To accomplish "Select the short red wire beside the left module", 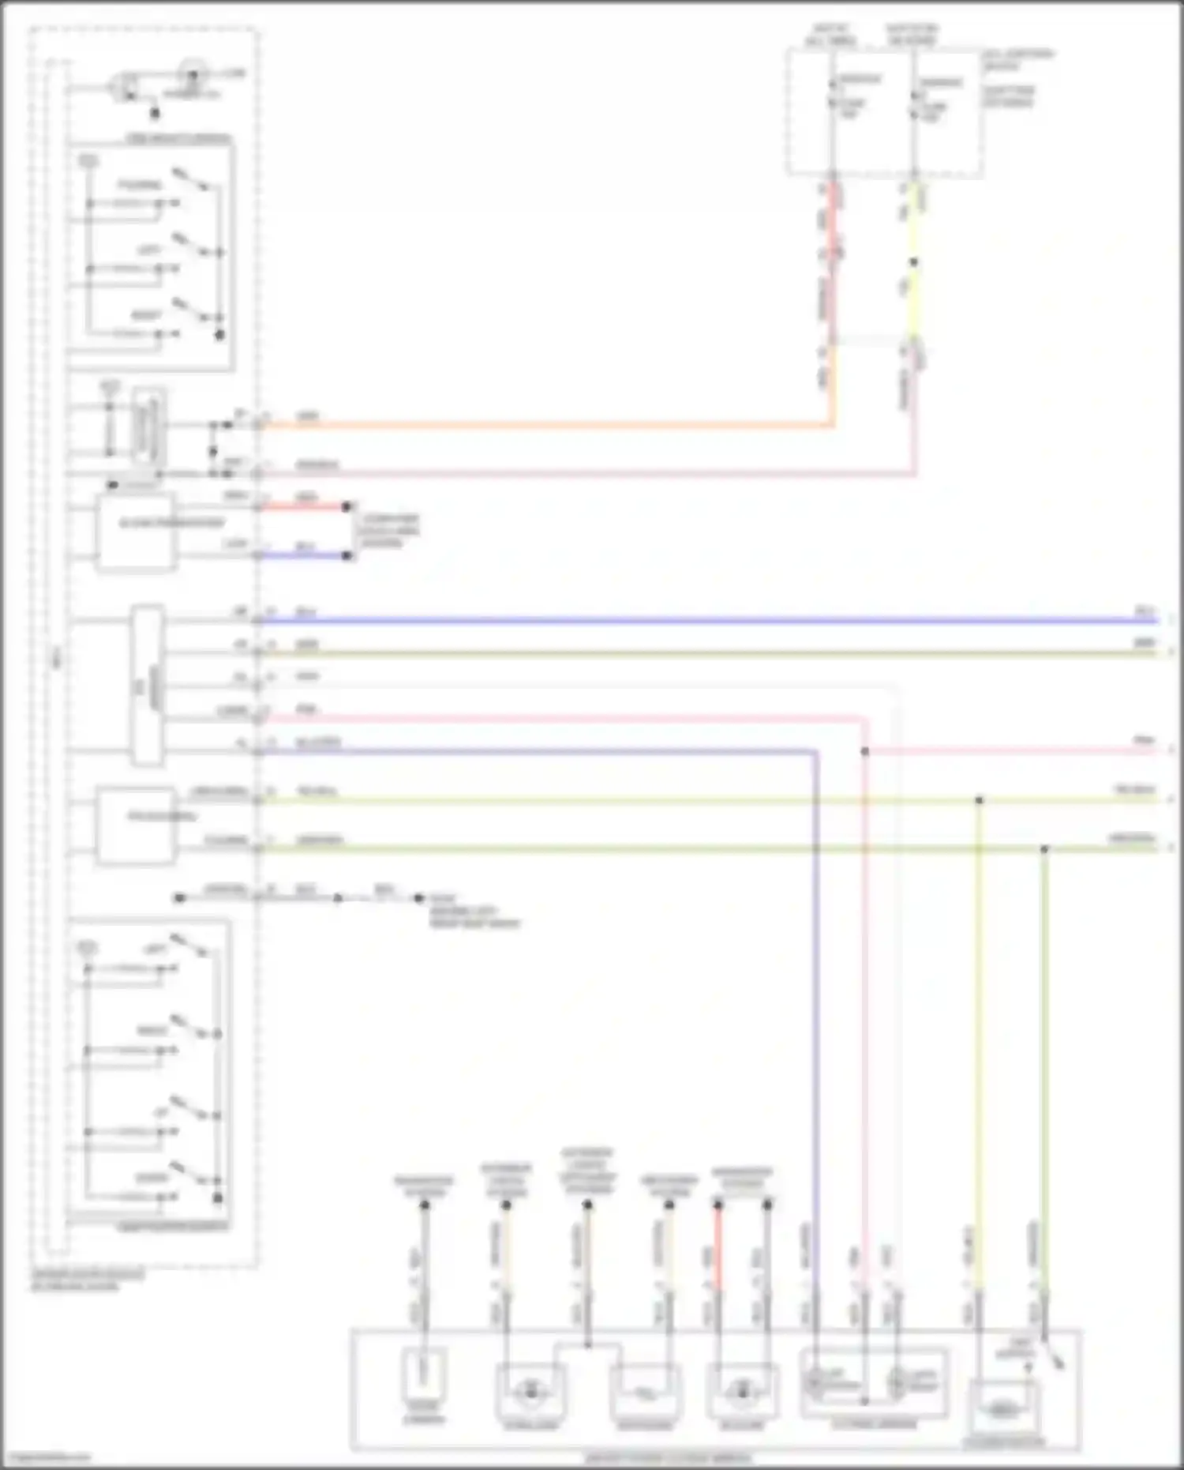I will [x=304, y=506].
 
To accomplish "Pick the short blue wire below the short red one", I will [x=304, y=555].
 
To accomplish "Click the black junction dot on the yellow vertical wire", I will [x=913, y=262].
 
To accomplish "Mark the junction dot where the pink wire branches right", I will [x=864, y=751].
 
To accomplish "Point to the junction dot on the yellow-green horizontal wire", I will [x=979, y=800].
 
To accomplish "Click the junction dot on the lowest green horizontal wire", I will [x=1044, y=849].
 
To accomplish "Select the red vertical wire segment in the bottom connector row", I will [x=718, y=1248].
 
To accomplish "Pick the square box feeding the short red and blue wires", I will [x=136, y=531].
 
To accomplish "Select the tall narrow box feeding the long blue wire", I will [x=148, y=685].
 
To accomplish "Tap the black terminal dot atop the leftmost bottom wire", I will [x=424, y=1205].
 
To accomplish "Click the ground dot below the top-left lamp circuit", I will [x=155, y=114].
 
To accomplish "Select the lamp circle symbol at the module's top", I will [x=191, y=75].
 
